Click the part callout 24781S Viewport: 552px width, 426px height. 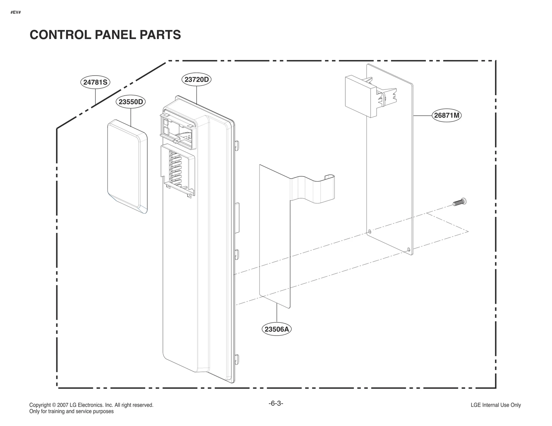pos(95,82)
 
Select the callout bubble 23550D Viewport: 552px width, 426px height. pos(131,102)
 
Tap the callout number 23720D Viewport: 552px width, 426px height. pos(196,79)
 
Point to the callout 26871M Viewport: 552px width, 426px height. pos(446,115)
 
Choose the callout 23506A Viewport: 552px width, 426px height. pos(277,329)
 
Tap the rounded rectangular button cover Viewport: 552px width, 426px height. pos(127,166)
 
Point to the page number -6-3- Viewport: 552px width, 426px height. pos(276,403)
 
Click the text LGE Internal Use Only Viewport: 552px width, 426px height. pos(495,405)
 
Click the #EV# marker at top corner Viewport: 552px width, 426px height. pos(16,12)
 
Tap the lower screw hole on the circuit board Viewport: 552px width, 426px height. pos(409,249)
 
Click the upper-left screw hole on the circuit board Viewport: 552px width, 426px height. pos(370,231)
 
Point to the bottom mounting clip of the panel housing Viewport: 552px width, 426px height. pos(237,359)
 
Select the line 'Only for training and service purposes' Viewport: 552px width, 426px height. pos(71,412)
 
